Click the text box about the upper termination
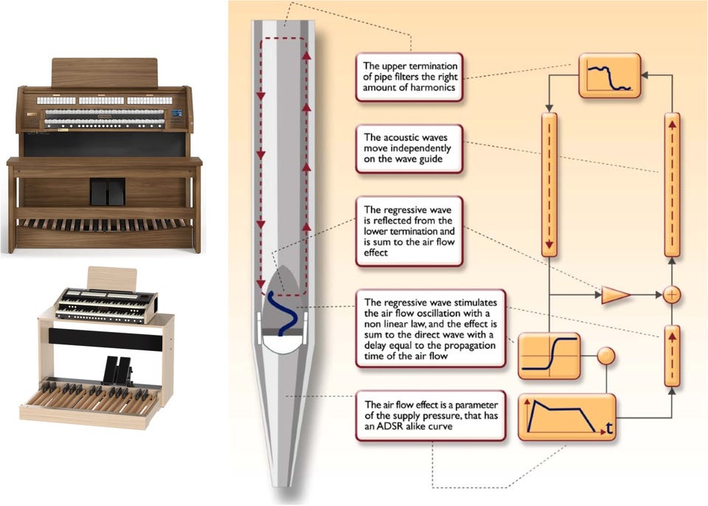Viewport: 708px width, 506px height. click(x=409, y=77)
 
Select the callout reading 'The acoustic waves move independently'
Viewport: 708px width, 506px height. click(x=409, y=148)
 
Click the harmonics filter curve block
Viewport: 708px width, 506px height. click(x=610, y=75)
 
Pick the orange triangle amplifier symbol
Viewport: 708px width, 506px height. click(x=616, y=295)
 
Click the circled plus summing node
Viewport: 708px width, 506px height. click(x=672, y=295)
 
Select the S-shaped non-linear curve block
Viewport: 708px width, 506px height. click(x=549, y=356)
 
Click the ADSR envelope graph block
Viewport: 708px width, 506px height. click(x=566, y=417)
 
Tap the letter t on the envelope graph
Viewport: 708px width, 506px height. click(x=610, y=428)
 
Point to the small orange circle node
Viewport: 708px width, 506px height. click(x=606, y=356)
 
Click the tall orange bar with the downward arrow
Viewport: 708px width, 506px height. click(x=549, y=185)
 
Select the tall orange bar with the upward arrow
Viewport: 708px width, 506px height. click(x=672, y=185)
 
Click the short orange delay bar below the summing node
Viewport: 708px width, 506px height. click(x=672, y=356)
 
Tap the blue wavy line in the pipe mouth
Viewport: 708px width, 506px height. click(x=283, y=313)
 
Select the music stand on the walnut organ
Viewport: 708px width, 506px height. click(x=105, y=72)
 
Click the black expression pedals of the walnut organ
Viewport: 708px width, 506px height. click(x=107, y=192)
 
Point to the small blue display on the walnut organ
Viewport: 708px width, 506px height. click(x=176, y=114)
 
